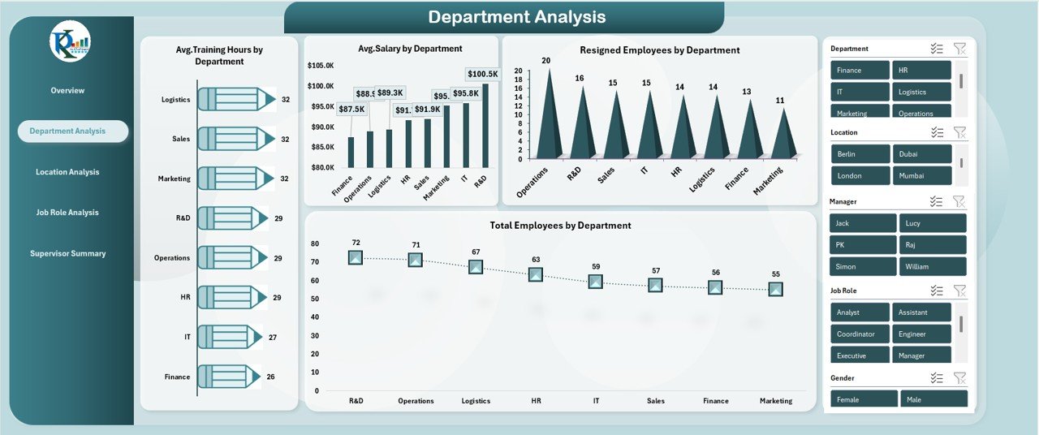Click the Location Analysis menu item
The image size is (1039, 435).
coord(67,172)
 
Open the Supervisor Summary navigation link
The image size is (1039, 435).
coord(68,253)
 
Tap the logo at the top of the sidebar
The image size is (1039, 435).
coord(70,41)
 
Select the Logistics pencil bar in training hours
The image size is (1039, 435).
coord(236,99)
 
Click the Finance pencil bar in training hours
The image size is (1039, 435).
coord(229,377)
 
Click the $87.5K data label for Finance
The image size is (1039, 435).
coord(351,109)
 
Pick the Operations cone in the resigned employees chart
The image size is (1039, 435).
coord(549,114)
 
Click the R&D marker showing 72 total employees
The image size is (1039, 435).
coord(356,257)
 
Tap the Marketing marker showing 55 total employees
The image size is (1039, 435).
coord(776,289)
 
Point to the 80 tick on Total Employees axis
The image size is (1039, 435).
coord(315,243)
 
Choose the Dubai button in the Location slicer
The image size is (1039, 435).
coord(921,154)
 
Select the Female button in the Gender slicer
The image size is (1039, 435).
coord(864,399)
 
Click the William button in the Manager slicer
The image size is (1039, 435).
coord(933,266)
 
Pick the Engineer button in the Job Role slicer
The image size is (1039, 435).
coord(921,334)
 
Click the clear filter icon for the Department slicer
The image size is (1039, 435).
coord(959,49)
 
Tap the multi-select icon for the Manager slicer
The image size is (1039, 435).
coord(937,201)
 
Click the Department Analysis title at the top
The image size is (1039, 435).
coord(516,17)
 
